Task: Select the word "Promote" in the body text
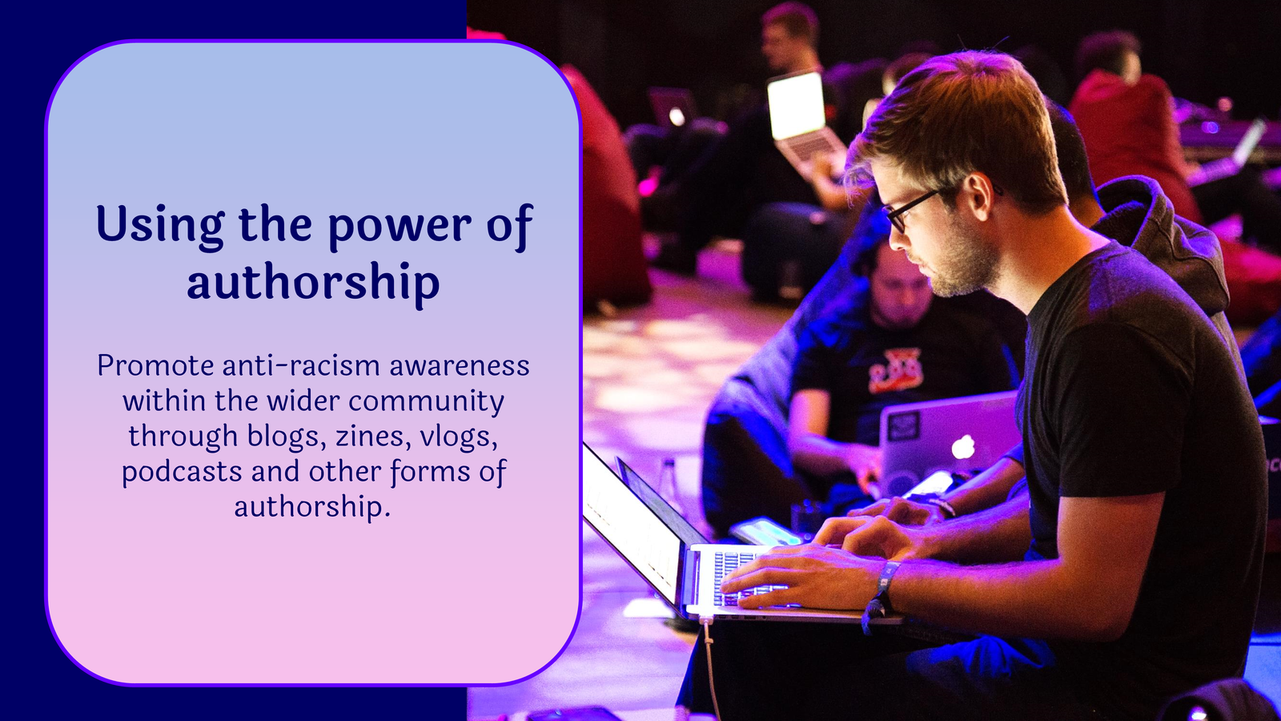155,365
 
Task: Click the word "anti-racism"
301,365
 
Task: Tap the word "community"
426,401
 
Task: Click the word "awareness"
460,365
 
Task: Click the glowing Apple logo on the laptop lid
963,446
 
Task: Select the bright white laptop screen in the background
796,105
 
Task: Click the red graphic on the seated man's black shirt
896,371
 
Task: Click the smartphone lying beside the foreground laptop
765,532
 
